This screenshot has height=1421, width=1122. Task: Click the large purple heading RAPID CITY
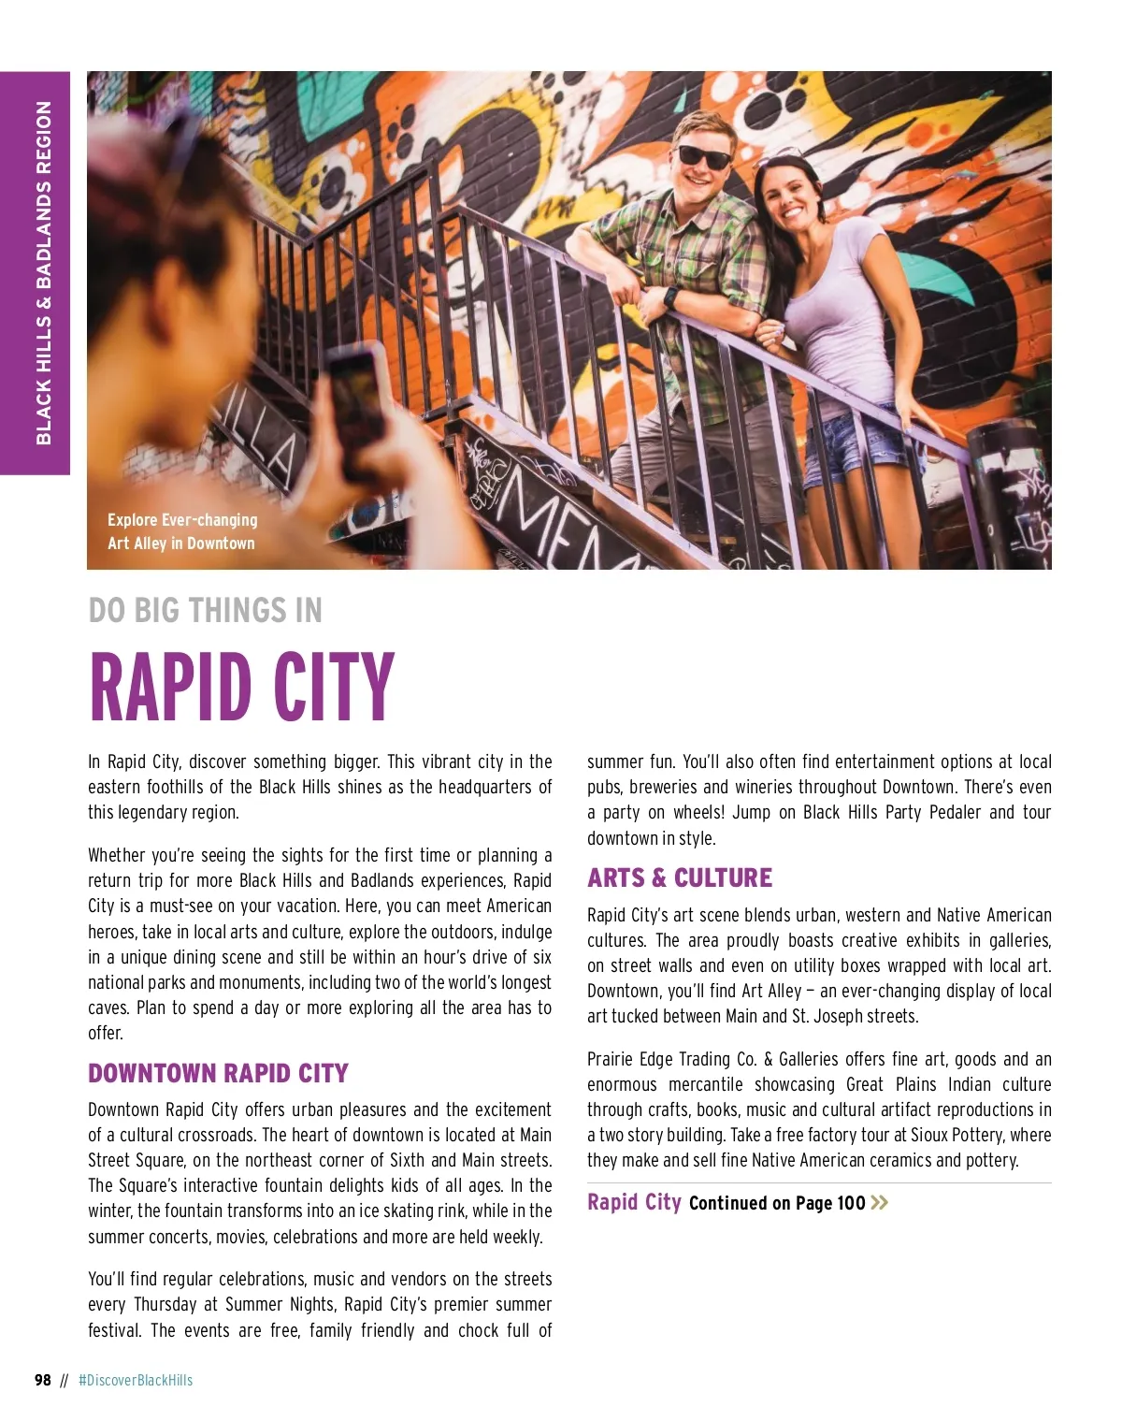pyautogui.click(x=241, y=688)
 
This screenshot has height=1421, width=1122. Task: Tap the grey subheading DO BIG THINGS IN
pyautogui.click(x=205, y=611)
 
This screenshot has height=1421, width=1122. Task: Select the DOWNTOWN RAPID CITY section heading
pyautogui.click(x=218, y=1073)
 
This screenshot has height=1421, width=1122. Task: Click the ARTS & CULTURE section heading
pyautogui.click(x=680, y=877)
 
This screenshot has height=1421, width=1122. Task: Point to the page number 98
pyautogui.click(x=43, y=1380)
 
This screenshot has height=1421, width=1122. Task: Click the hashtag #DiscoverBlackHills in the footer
pyautogui.click(x=136, y=1380)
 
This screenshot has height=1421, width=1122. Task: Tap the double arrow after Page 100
pyautogui.click(x=879, y=1202)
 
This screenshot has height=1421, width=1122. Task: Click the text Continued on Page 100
pyautogui.click(x=777, y=1203)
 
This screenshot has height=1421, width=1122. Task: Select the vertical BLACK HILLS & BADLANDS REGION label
pyautogui.click(x=43, y=272)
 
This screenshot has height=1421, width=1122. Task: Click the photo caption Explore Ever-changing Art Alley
pyautogui.click(x=181, y=531)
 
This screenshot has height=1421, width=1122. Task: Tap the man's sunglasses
pyautogui.click(x=704, y=156)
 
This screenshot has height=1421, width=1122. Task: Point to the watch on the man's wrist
pyautogui.click(x=670, y=298)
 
